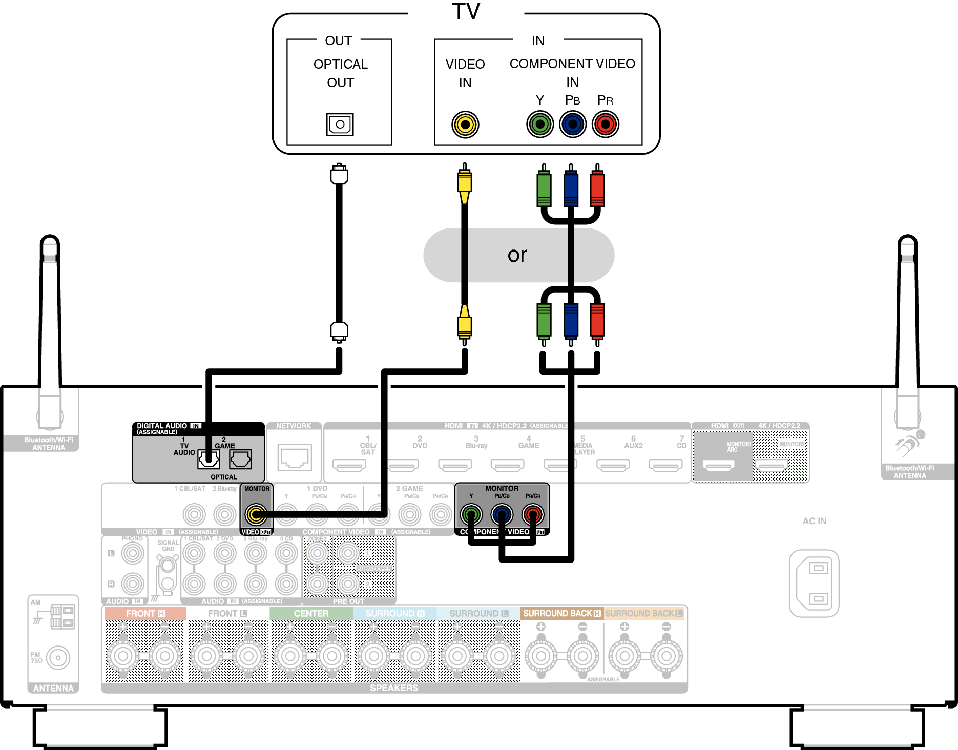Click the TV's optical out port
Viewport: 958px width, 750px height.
(x=340, y=124)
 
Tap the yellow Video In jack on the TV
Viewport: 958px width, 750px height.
(x=465, y=124)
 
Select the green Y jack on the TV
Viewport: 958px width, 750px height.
(x=540, y=124)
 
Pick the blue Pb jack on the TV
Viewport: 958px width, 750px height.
(x=573, y=124)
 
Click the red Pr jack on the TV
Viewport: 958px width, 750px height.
(x=606, y=124)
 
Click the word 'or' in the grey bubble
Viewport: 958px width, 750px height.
(x=517, y=255)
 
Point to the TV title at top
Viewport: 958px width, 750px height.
(x=466, y=11)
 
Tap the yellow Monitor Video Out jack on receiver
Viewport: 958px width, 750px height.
(x=256, y=514)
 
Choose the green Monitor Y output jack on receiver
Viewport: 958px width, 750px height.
(x=471, y=514)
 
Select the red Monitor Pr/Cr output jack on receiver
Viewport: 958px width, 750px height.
(x=533, y=514)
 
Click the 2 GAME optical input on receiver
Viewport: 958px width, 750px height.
(x=240, y=460)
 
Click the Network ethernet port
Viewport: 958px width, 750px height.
(x=294, y=457)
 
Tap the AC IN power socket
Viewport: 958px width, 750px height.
(x=814, y=583)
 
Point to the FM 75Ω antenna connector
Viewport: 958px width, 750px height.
(x=58, y=657)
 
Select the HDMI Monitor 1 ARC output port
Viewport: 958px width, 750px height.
(x=719, y=466)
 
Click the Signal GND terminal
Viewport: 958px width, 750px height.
(x=167, y=566)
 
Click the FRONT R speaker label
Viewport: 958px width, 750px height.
(x=145, y=613)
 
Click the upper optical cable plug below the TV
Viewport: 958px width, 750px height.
(x=339, y=175)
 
